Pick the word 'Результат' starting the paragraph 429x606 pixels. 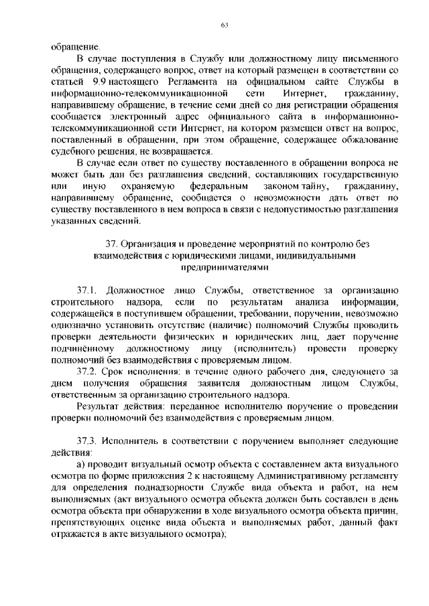point(99,406)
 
